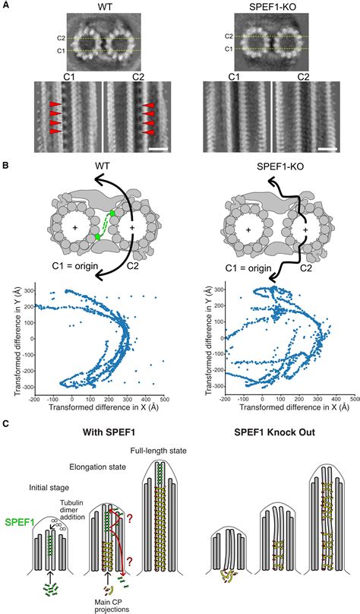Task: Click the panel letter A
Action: point(5,5)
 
